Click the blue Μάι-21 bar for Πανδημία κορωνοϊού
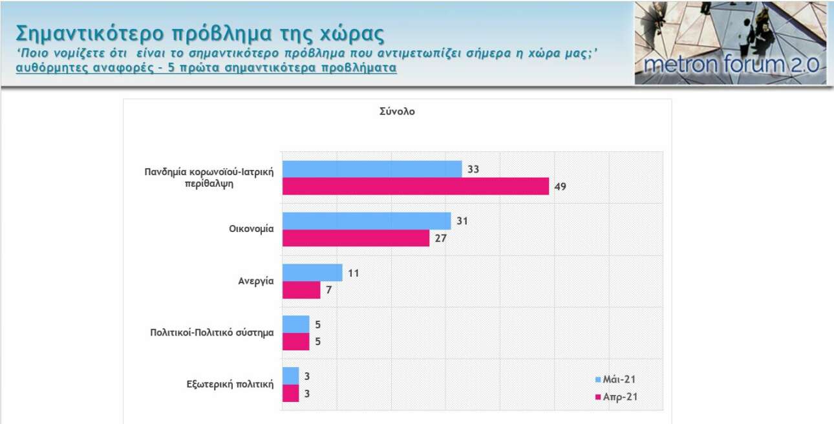[372, 169]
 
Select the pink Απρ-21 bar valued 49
[416, 186]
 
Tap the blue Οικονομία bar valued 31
[367, 220]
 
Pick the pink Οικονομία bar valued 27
[356, 238]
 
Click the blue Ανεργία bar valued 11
[312, 272]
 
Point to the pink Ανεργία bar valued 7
[301, 290]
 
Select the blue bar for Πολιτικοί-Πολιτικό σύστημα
[296, 324]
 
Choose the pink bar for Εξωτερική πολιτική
[291, 393]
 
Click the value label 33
[473, 169]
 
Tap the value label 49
[560, 187]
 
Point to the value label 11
[353, 273]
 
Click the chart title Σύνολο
[397, 111]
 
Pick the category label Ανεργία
[256, 281]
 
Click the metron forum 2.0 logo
[731, 43]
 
